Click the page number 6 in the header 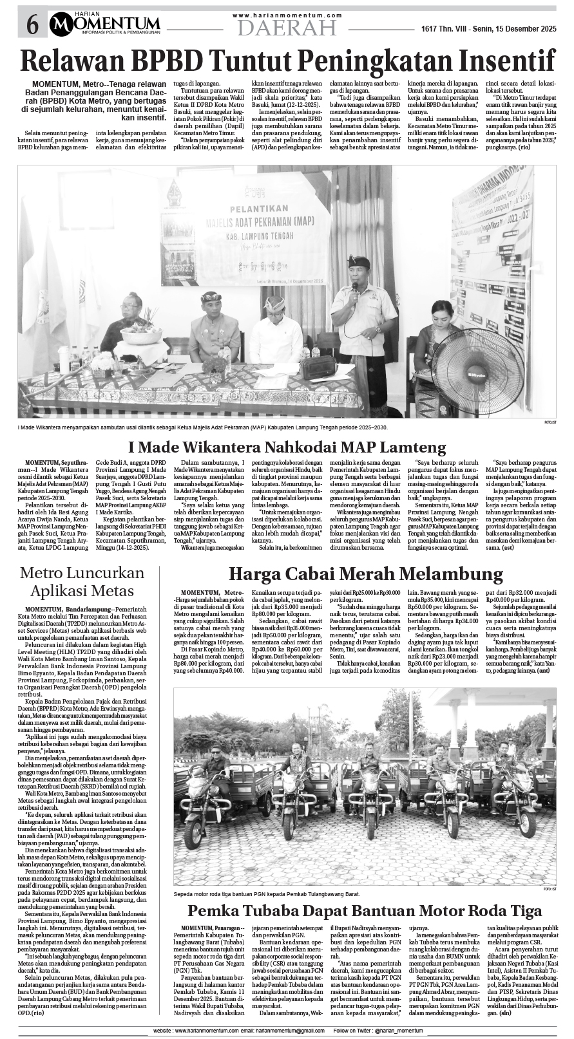[x=32, y=26]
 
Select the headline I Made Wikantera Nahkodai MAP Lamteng [x=287, y=447]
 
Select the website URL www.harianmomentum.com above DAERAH [x=287, y=15]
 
